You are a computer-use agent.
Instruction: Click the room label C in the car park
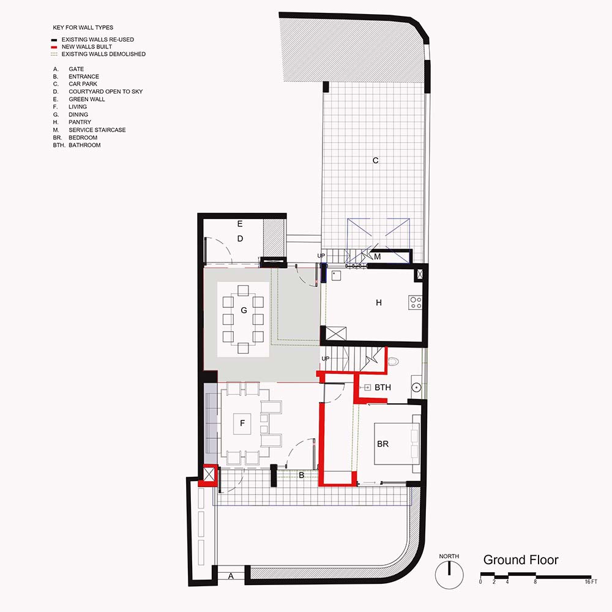pyautogui.click(x=376, y=160)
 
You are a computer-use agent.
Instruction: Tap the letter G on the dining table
pyautogui.click(x=244, y=310)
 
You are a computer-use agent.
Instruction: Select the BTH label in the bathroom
pyautogui.click(x=382, y=387)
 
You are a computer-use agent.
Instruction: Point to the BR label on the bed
pyautogui.click(x=383, y=444)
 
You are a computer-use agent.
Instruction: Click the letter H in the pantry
pyautogui.click(x=379, y=302)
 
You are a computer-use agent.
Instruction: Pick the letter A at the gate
pyautogui.click(x=231, y=576)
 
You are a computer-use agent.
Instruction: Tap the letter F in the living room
pyautogui.click(x=242, y=423)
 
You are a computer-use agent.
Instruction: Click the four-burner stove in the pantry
pyautogui.click(x=416, y=303)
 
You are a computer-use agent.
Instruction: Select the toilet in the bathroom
pyautogui.click(x=393, y=362)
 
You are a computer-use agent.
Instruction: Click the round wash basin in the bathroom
pyautogui.click(x=416, y=387)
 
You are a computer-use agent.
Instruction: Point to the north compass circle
pyautogui.click(x=449, y=575)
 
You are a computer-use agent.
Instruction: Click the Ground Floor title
pyautogui.click(x=521, y=560)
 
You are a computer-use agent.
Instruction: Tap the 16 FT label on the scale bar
pyautogui.click(x=591, y=581)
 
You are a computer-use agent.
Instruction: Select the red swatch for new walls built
pyautogui.click(x=54, y=47)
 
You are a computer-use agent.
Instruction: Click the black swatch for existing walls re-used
pyautogui.click(x=54, y=40)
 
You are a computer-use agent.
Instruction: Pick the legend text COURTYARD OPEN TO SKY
pyautogui.click(x=106, y=91)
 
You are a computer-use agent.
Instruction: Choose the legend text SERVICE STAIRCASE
pyautogui.click(x=97, y=130)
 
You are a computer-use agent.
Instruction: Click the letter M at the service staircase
pyautogui.click(x=377, y=257)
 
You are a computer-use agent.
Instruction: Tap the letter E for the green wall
pyautogui.click(x=240, y=223)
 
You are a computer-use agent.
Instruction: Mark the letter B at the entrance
pyautogui.click(x=301, y=476)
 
